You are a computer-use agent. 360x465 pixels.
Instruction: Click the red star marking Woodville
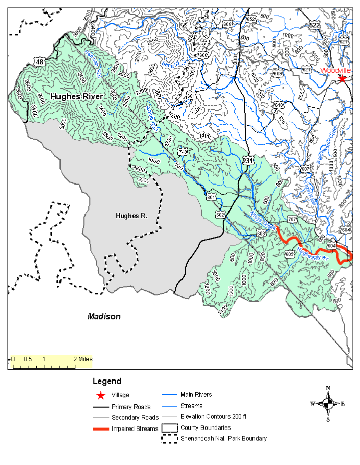pos(342,78)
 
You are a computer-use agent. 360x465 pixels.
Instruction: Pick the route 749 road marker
pos(183,152)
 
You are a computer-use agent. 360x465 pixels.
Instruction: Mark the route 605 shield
pos(290,254)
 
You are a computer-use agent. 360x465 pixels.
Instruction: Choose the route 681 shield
pos(190,96)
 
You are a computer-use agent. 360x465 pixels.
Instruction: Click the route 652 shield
pos(251,19)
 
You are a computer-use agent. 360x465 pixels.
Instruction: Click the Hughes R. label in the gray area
pos(131,216)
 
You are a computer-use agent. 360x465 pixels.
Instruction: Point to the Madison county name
pos(104,316)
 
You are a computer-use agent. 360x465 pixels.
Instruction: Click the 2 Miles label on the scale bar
pos(83,359)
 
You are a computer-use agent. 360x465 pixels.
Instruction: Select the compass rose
pos(328,404)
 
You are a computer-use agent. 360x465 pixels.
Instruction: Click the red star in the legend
pos(101,396)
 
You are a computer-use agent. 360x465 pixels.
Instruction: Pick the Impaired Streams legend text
pos(135,429)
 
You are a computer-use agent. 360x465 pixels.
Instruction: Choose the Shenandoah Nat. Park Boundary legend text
pos(224,439)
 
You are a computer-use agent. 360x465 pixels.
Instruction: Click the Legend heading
pos(107,382)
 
